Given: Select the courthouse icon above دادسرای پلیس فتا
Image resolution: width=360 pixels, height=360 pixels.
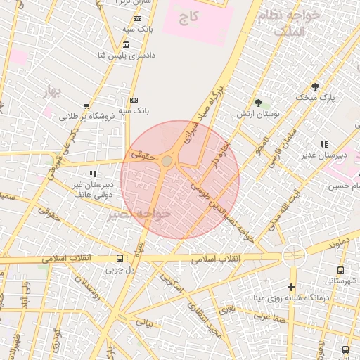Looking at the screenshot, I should (x=125, y=44).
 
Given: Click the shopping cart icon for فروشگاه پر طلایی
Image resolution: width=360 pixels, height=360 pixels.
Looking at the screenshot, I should (x=86, y=106).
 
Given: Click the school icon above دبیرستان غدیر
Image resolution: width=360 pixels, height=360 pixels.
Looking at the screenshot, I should (x=324, y=144).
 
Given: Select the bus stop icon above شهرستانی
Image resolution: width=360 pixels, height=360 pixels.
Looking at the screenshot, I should (x=340, y=270).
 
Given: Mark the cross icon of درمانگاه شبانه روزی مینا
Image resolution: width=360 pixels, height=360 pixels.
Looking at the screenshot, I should (x=291, y=287).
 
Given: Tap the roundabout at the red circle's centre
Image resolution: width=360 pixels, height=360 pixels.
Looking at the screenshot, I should (x=167, y=162).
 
